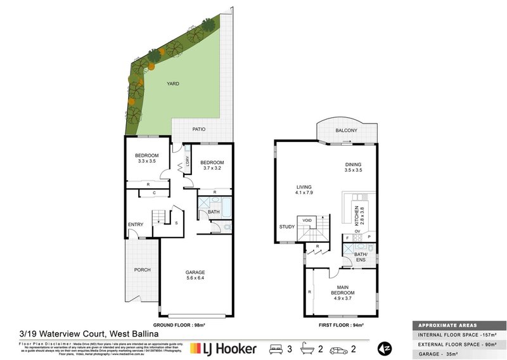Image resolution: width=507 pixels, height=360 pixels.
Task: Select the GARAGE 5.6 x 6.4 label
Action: (x=195, y=275)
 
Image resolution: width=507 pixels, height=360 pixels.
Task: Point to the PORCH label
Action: (x=142, y=270)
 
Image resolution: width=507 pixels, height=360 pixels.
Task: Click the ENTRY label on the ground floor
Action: (x=135, y=224)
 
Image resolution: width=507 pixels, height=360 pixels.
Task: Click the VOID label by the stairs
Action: (x=307, y=221)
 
